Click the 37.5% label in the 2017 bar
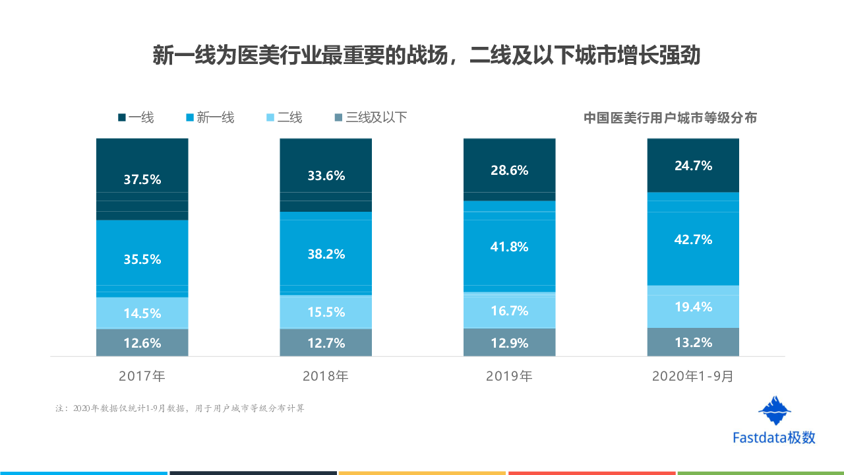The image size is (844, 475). coord(142,179)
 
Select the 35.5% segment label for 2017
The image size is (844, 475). coord(142,259)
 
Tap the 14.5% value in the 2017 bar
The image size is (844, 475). coord(142,313)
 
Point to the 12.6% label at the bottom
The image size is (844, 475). coord(142,343)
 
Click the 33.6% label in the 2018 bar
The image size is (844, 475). coord(326,176)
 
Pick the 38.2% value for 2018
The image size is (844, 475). coord(326,254)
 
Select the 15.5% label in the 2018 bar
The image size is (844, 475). coord(326,312)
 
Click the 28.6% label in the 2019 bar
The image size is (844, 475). coord(510,170)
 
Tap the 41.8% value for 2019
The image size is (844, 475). coord(510,247)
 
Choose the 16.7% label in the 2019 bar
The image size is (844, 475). coord(510,311)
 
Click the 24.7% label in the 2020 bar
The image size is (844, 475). coord(693,166)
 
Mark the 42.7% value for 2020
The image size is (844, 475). coord(693,239)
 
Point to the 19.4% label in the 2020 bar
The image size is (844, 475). coord(693,307)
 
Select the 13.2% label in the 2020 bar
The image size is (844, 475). coord(693,342)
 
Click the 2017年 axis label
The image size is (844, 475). coord(142,377)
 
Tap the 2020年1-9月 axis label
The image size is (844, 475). coord(693,377)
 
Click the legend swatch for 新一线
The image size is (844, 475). coord(190,118)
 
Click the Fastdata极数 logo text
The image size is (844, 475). coord(774,437)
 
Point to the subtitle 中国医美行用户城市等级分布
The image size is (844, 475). coord(670,118)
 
